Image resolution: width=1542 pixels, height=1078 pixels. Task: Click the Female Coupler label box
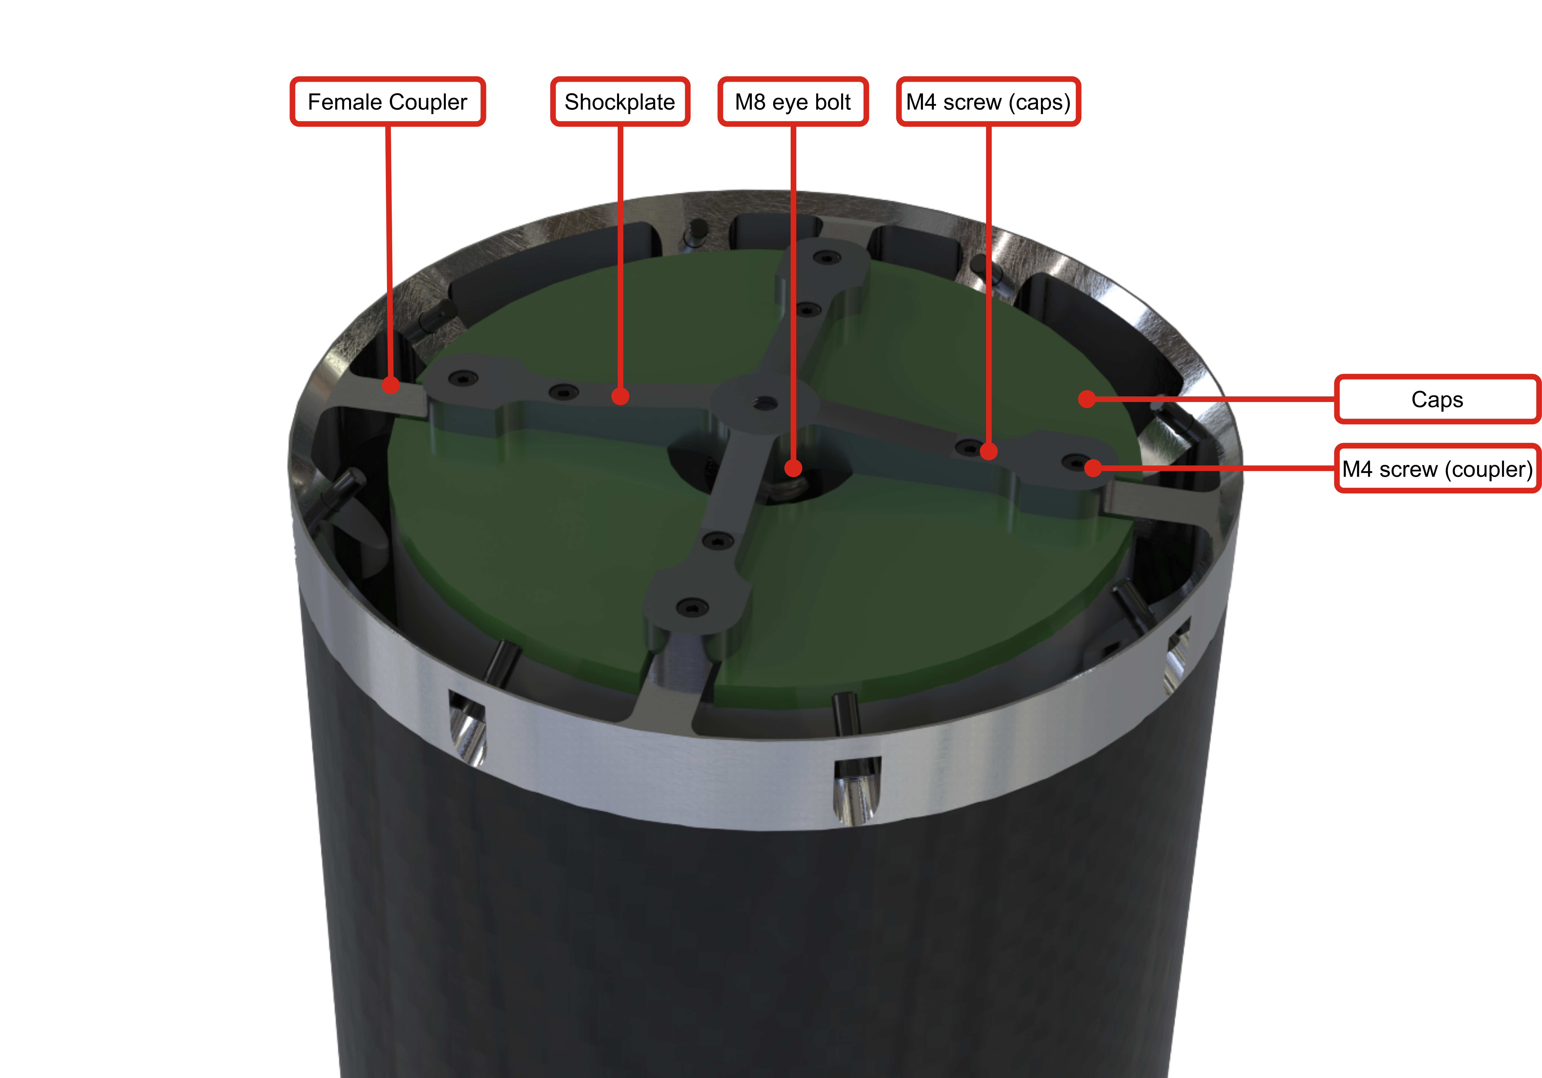tap(387, 102)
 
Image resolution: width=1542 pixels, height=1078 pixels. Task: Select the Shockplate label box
tap(620, 102)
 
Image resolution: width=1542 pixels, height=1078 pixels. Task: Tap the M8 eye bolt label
tap(793, 102)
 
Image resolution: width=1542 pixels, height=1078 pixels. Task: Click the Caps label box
tap(1437, 400)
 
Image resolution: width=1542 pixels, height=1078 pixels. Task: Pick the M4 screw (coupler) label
tap(1437, 469)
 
